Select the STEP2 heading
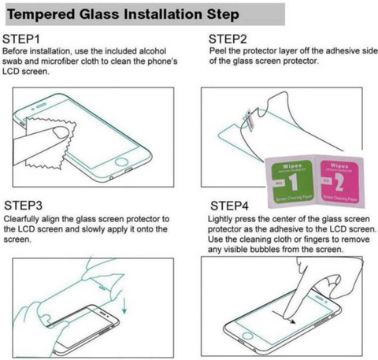(229, 39)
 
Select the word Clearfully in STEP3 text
(22, 218)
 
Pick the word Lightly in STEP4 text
(223, 218)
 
